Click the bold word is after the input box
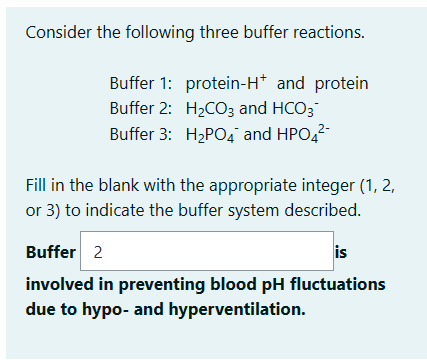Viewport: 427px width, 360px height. (342, 251)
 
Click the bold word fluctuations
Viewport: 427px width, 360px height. (337, 284)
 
